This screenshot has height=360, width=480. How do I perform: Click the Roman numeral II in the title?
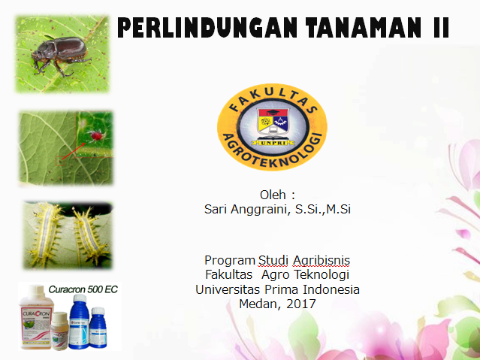pos(441,28)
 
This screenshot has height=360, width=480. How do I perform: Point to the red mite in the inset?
pos(95,135)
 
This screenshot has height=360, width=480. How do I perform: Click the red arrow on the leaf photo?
pos(74,151)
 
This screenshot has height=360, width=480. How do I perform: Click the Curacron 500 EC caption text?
pos(83,289)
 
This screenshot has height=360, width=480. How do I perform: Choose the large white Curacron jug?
pos(36,317)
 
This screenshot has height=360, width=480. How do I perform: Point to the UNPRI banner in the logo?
pos(273,143)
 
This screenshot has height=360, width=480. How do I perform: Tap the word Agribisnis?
pos(322,261)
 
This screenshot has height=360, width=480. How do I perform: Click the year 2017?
pos(301,304)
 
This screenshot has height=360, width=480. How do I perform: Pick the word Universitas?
pos(228,289)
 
